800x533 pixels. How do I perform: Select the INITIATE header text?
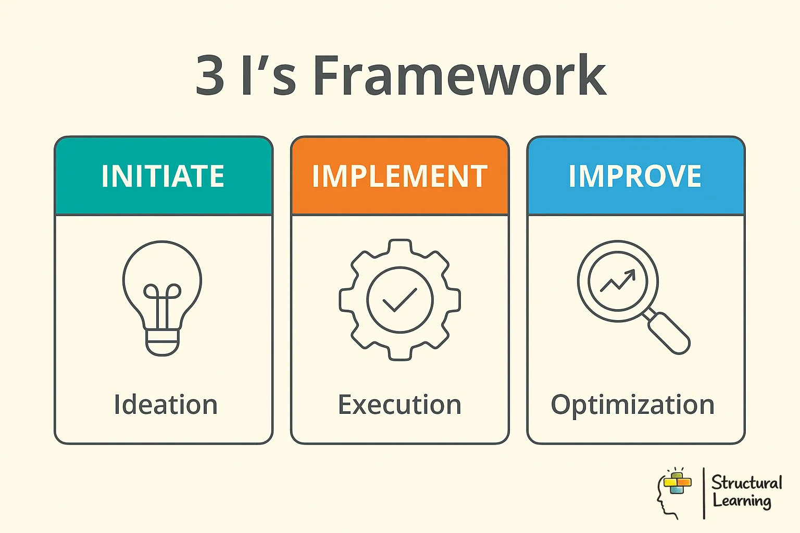click(x=163, y=176)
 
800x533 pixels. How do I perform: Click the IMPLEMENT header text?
click(x=399, y=176)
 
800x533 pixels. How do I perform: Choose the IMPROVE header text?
click(x=635, y=176)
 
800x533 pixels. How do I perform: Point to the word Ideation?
click(x=166, y=404)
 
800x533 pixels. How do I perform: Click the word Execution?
click(x=399, y=404)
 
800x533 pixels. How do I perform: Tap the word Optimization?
click(x=632, y=404)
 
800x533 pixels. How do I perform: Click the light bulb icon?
click(x=162, y=281)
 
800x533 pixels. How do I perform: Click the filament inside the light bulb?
click(x=162, y=302)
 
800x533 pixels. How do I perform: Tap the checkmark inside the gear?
click(x=399, y=300)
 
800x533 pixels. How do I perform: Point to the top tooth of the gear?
click(x=399, y=246)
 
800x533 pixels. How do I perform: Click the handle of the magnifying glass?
click(x=669, y=333)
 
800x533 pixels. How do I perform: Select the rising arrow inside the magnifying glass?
click(x=618, y=281)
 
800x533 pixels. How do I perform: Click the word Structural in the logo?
click(x=746, y=483)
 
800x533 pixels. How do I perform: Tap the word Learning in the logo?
click(x=742, y=501)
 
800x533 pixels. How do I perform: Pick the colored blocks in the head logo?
click(x=678, y=483)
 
